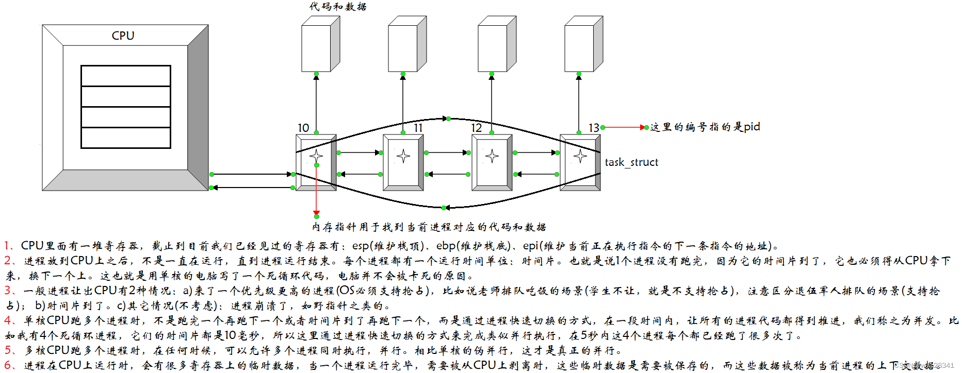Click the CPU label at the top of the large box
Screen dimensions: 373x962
123,36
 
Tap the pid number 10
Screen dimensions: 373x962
303,128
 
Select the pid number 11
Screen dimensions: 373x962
418,128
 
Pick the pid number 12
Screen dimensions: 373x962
476,128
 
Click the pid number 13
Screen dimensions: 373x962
594,128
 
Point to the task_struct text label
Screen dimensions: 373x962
631,162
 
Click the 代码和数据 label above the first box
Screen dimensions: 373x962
338,7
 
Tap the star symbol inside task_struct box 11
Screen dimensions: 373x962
403,156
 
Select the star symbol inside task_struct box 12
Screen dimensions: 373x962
492,156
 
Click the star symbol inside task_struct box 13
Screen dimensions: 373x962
580,156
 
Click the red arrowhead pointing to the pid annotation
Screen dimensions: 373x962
643,127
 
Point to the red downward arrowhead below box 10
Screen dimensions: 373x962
316,213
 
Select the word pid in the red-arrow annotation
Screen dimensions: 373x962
752,127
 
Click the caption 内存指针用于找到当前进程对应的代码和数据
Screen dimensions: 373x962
429,227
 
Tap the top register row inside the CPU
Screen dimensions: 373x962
126,76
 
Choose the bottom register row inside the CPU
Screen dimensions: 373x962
126,138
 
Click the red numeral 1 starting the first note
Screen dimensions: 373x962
7,246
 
